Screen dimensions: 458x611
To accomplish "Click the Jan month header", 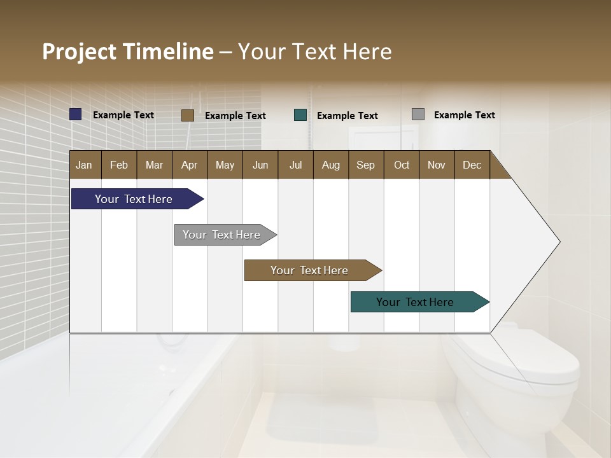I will (x=85, y=165).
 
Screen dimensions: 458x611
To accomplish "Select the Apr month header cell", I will (x=190, y=165).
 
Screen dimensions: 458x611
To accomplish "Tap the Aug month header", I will (x=330, y=165).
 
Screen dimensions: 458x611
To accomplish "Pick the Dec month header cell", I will (x=472, y=165).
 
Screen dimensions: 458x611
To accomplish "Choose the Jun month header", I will (x=260, y=165).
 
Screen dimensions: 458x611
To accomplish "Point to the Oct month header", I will (x=402, y=165).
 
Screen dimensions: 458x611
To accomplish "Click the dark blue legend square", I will (x=76, y=114).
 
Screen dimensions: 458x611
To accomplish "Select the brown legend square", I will (x=188, y=115).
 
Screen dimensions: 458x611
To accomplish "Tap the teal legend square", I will (x=300, y=115).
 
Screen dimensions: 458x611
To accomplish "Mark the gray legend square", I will (x=418, y=114).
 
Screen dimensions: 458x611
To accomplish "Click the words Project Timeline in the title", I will (x=128, y=52).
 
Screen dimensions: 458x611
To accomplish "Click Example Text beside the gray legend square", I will (x=464, y=115).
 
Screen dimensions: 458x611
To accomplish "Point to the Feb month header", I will (x=119, y=165).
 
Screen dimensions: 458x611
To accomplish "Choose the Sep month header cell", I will (x=365, y=165).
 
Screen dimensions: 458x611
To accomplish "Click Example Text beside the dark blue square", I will (x=123, y=115).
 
